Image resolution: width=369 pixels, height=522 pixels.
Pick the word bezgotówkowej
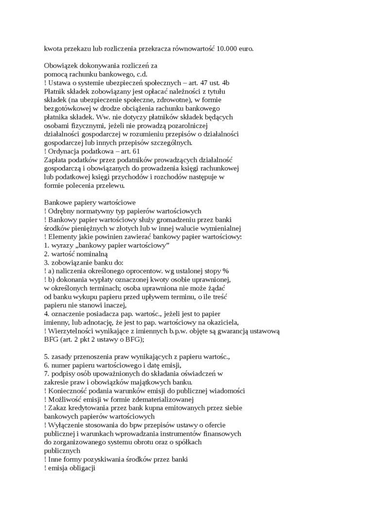coord(67,108)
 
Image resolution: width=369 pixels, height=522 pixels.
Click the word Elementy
coord(62,237)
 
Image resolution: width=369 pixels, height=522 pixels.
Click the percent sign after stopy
coord(226,271)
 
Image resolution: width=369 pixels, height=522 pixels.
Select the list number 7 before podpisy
coord(46,373)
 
